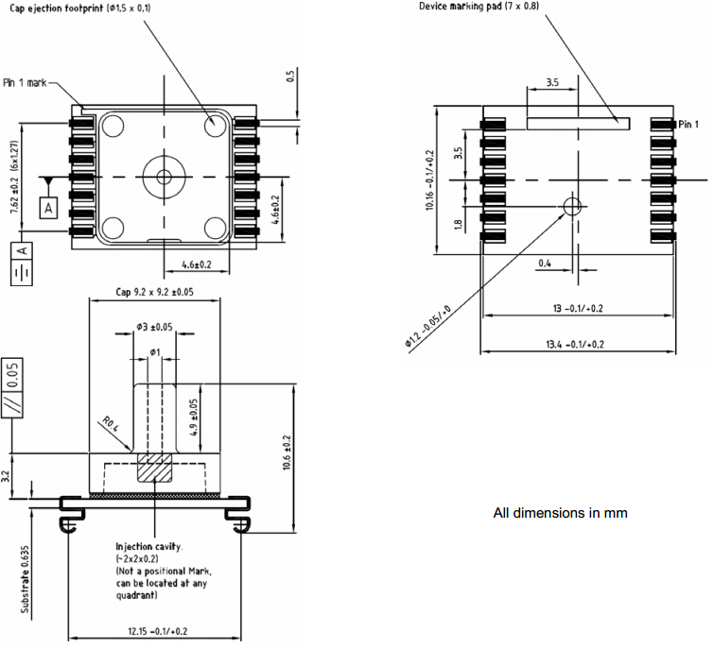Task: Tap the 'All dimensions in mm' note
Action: click(x=560, y=514)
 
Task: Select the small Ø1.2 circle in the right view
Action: click(x=571, y=206)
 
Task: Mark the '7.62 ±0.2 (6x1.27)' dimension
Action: click(x=15, y=179)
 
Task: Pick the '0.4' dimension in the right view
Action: click(x=545, y=263)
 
